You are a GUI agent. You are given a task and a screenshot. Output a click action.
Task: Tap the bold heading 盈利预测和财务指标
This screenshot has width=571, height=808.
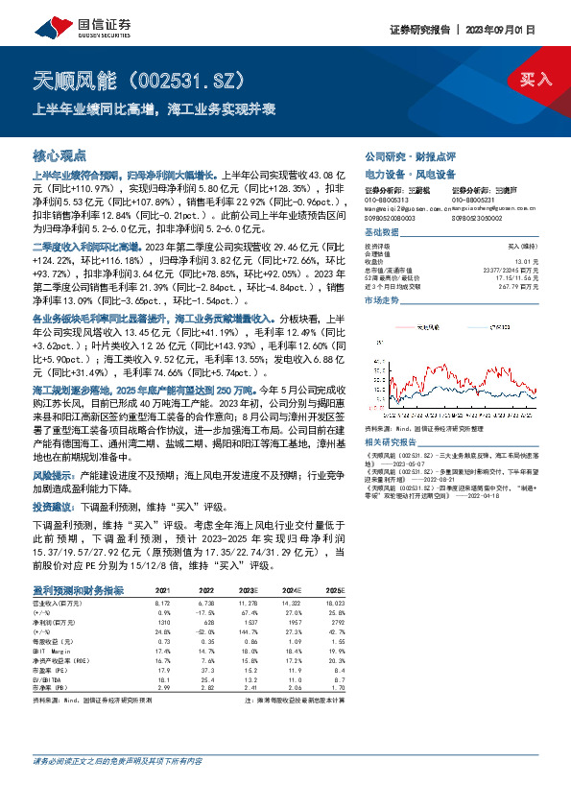(78, 590)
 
